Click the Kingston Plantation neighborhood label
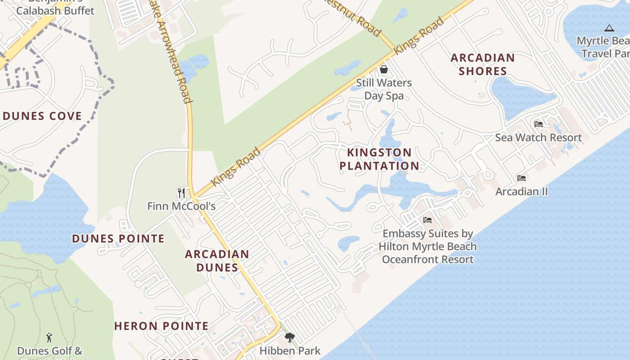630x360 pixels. pos(379,159)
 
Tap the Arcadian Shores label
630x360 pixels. pos(482,64)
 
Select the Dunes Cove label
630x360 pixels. pos(42,116)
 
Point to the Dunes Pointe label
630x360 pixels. pos(118,238)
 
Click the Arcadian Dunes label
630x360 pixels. pos(217,261)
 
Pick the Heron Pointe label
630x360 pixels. pos(161,326)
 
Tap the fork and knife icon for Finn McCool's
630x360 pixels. pos(181,193)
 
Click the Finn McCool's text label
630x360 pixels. pos(181,207)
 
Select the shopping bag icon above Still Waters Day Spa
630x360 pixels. pos(384,69)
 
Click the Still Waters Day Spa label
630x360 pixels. pos(384,89)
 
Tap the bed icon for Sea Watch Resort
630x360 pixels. pos(539,124)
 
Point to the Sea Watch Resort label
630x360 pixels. pos(539,138)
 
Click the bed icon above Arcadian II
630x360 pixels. pos(522,178)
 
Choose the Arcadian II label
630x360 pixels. pos(522,192)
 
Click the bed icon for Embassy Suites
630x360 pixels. pos(427,220)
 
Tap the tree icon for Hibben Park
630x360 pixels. pos(290,337)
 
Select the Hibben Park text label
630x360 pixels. pos(290,351)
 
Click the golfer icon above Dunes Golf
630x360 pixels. pos(49,337)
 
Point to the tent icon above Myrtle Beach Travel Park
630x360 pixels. pos(609,28)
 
